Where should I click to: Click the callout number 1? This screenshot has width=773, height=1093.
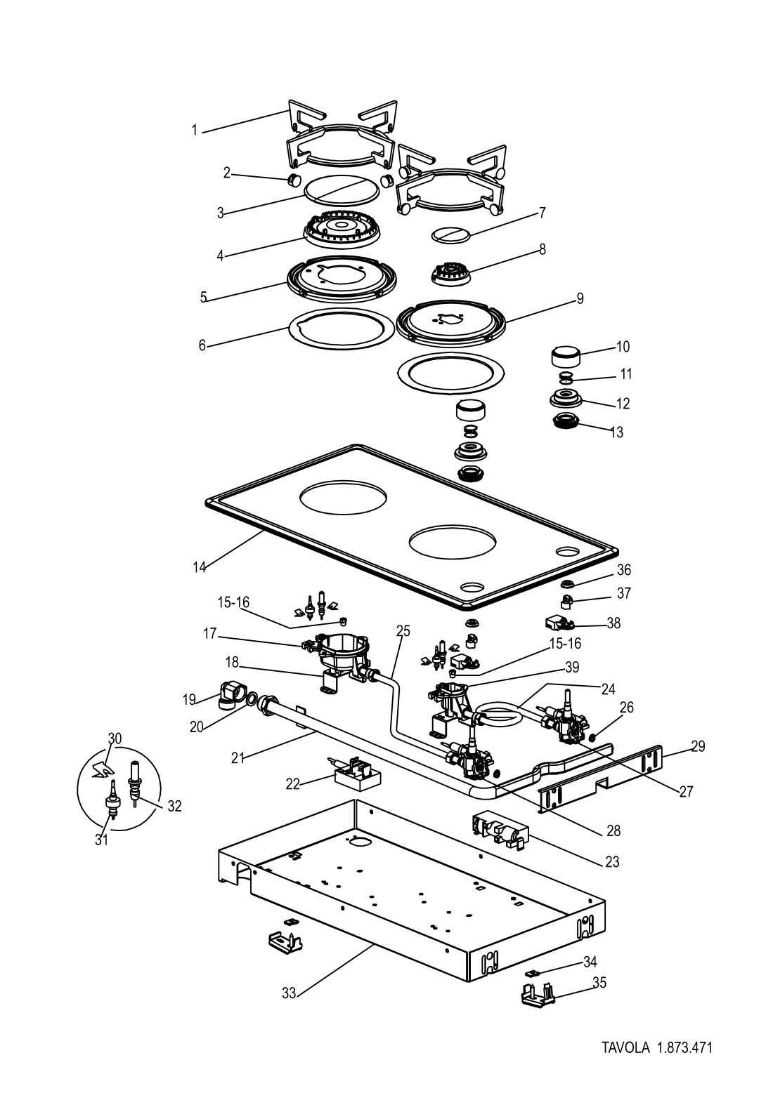pyautogui.click(x=195, y=131)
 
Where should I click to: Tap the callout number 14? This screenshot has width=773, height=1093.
pyautogui.click(x=200, y=567)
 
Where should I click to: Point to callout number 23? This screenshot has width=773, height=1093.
pyautogui.click(x=612, y=862)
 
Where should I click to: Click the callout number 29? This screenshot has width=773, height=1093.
pyautogui.click(x=699, y=746)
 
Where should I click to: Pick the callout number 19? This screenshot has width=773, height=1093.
pyautogui.click(x=189, y=700)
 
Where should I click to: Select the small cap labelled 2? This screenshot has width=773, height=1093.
pyautogui.click(x=294, y=180)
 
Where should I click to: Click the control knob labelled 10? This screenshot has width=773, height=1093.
pyautogui.click(x=566, y=356)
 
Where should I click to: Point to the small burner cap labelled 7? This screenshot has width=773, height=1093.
pyautogui.click(x=451, y=234)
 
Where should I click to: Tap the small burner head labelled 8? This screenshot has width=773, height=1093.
pyautogui.click(x=450, y=274)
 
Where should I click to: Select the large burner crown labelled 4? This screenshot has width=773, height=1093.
pyautogui.click(x=342, y=230)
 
